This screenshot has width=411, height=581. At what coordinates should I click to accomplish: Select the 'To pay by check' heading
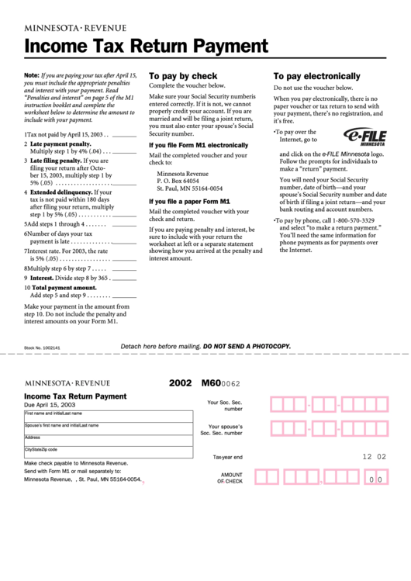pos(183,76)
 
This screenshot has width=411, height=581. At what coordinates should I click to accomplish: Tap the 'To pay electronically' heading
pos(316,76)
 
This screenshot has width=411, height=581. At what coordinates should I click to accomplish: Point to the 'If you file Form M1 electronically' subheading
pos(199,145)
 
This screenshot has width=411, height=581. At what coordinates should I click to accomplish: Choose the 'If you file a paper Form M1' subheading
pos(189,201)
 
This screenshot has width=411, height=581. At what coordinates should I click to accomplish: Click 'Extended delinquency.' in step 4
pos(60,192)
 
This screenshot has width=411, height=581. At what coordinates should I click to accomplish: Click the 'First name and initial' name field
pos(108,417)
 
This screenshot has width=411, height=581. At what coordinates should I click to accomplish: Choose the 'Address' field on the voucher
pos(108,440)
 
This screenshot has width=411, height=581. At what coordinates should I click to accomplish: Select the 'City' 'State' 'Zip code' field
pos(108,452)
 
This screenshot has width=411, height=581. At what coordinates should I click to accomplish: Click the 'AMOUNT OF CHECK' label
pos(231,478)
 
